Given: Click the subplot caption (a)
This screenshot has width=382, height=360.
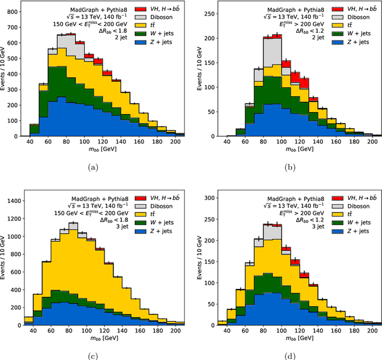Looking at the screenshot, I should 93,169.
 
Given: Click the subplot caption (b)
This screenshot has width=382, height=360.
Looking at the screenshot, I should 290,169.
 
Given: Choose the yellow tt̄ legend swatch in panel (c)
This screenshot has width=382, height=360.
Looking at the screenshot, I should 140,214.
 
